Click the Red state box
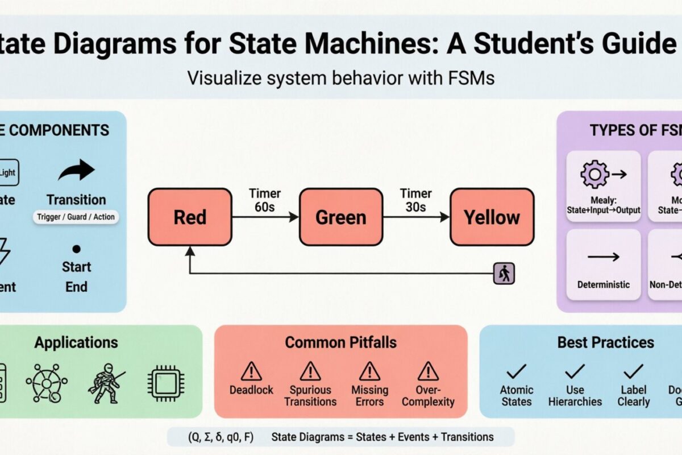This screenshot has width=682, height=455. (190, 217)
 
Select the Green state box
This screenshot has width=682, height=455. (341, 217)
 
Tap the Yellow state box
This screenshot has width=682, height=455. (492, 217)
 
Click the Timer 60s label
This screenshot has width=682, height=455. (265, 200)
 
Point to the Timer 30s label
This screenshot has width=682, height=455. (415, 200)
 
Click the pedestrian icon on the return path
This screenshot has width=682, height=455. (504, 274)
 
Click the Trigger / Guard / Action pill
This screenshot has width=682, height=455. (76, 217)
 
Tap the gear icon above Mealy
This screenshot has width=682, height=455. (594, 174)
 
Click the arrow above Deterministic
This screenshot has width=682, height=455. (604, 257)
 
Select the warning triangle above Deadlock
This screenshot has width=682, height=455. (251, 371)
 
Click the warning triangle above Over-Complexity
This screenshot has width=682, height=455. (427, 371)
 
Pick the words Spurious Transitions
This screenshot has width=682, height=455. (310, 396)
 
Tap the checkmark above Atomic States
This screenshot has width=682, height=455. (517, 372)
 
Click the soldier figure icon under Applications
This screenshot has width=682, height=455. (106, 381)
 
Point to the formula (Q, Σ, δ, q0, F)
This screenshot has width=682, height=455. (221, 437)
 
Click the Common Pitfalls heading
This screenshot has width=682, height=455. (340, 342)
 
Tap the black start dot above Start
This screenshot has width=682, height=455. (77, 249)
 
